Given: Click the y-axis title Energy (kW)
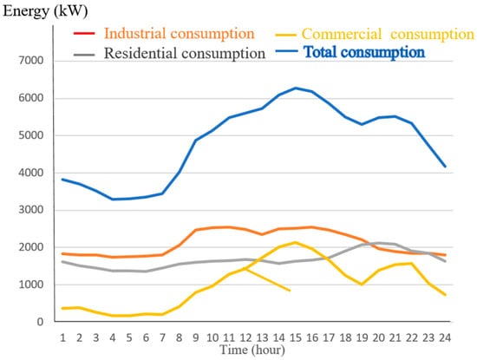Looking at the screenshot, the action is pyautogui.click(x=45, y=11).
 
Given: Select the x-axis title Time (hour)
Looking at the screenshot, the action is pyautogui.click(x=252, y=350).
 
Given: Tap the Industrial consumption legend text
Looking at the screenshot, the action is pyautogui.click(x=180, y=34).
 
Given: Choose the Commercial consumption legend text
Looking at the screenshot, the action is pyautogui.click(x=388, y=34).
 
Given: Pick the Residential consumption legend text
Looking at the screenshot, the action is pyautogui.click(x=185, y=54).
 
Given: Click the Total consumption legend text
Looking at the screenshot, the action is pyautogui.click(x=364, y=52).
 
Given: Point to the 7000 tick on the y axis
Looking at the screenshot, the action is pyautogui.click(x=31, y=61).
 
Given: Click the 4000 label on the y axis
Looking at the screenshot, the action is pyautogui.click(x=31, y=173).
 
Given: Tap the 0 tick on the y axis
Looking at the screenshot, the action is pyautogui.click(x=40, y=322).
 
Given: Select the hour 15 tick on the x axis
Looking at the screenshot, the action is pyautogui.click(x=296, y=337).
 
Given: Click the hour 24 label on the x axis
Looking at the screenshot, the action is pyautogui.click(x=445, y=337).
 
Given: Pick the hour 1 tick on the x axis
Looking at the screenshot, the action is pyautogui.click(x=62, y=337).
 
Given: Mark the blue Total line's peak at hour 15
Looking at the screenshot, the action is pyautogui.click(x=296, y=88).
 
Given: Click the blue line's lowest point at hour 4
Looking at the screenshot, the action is pyautogui.click(x=113, y=200).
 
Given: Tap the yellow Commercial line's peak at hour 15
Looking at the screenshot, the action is pyautogui.click(x=296, y=242).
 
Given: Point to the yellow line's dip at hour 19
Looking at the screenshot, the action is pyautogui.click(x=362, y=285).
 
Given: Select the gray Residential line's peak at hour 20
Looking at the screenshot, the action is pyautogui.click(x=378, y=243).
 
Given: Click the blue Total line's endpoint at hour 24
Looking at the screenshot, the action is pyautogui.click(x=446, y=167).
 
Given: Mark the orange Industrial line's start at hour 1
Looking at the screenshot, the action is pyautogui.click(x=62, y=253).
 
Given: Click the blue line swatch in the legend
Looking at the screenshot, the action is pyautogui.click(x=286, y=51).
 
